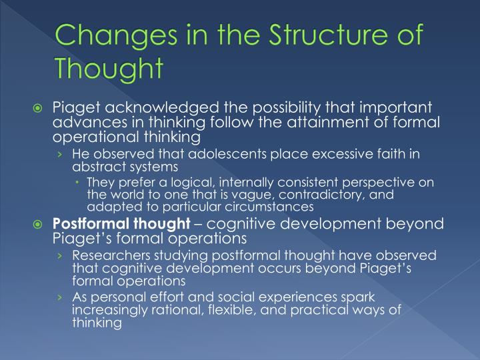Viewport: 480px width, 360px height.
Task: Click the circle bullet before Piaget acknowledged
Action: click(x=39, y=109)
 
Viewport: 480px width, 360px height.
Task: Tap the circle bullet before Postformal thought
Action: click(x=39, y=224)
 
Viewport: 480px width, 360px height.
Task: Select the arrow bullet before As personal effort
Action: click(x=61, y=298)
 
